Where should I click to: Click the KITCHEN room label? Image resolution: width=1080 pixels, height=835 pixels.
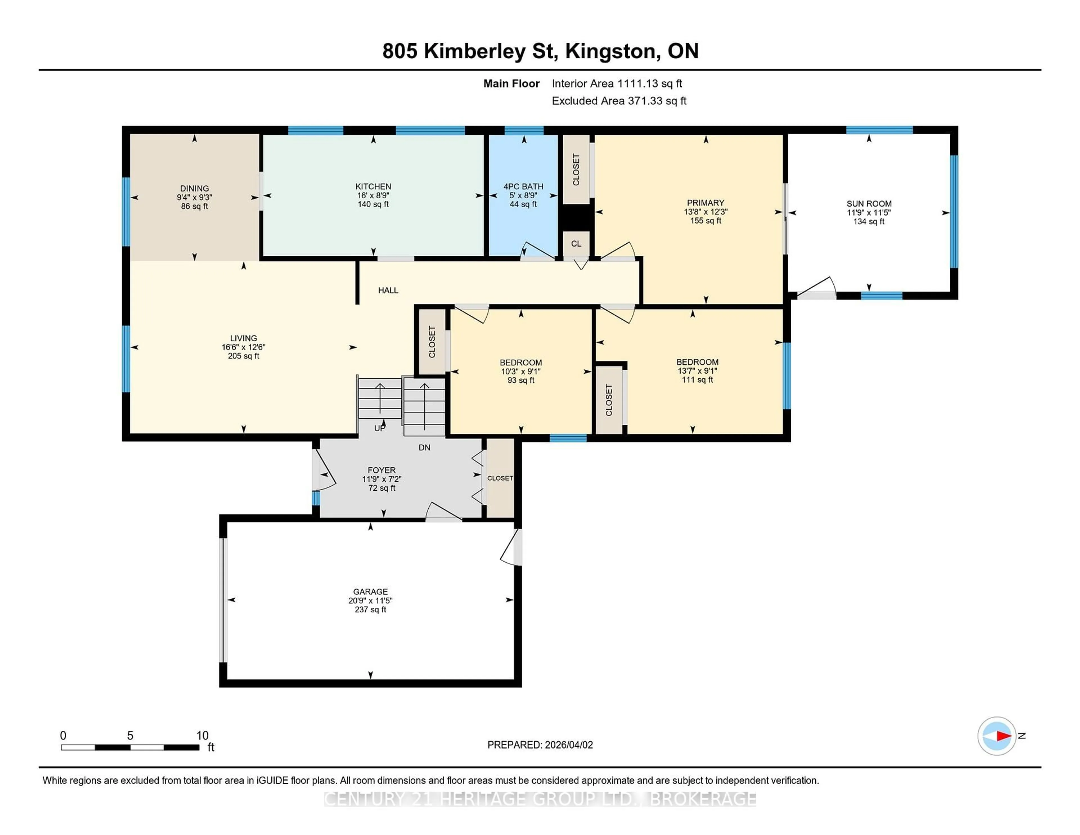(x=373, y=187)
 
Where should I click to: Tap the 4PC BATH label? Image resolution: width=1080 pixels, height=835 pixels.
(x=523, y=187)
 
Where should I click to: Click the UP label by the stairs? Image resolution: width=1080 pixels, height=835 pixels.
(x=379, y=428)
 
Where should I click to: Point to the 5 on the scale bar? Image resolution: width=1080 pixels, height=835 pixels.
(x=130, y=736)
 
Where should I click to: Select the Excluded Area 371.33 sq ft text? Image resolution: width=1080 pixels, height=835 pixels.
(x=619, y=101)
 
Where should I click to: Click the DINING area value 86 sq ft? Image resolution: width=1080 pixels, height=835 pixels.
(x=194, y=206)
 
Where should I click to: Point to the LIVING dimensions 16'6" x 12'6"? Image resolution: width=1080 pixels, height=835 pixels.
(x=243, y=347)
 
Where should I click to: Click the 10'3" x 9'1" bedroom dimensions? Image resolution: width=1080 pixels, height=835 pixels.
(x=520, y=371)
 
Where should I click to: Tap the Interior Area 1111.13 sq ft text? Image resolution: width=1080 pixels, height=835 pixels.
(x=617, y=84)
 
